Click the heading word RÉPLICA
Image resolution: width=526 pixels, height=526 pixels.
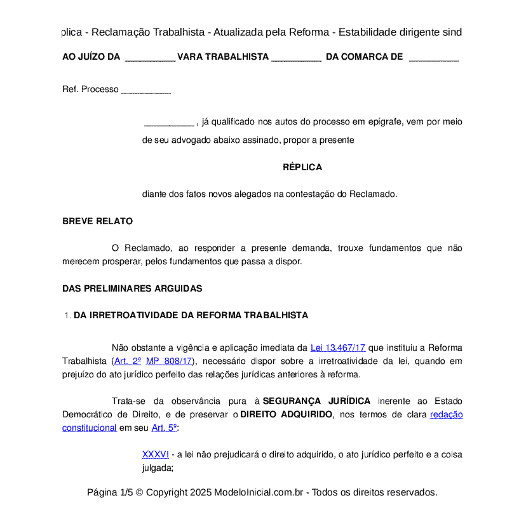point(302,168)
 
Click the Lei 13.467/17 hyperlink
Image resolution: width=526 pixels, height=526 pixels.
point(338,348)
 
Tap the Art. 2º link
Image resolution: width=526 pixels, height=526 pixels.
point(128,361)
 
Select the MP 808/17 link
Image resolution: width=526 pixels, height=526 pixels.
point(169,361)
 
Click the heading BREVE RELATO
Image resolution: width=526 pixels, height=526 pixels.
point(97,222)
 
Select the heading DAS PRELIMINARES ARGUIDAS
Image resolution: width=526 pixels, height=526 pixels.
point(132,288)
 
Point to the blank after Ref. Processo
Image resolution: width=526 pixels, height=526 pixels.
point(145,90)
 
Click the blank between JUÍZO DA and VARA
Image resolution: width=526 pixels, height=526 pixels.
point(150,57)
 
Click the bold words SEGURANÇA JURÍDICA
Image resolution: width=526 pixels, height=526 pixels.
point(316,401)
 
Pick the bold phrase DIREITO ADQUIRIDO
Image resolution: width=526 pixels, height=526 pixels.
point(287,415)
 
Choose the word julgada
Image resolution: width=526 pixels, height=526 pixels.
point(156,468)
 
